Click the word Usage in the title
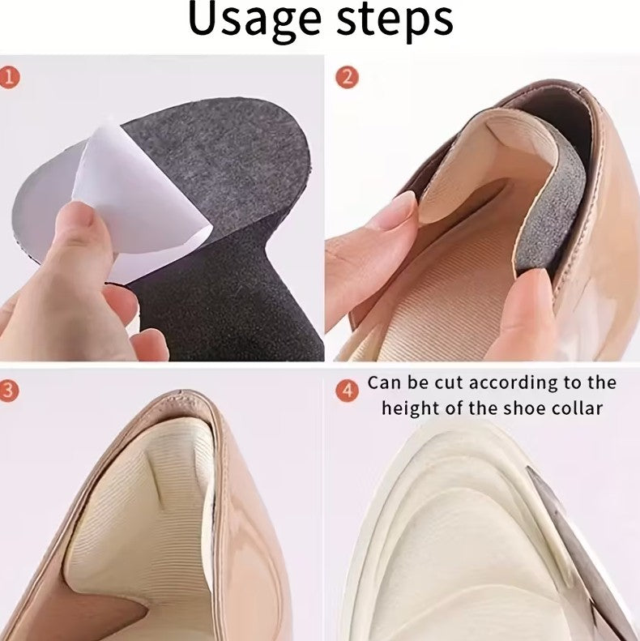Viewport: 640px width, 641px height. pyautogui.click(x=254, y=20)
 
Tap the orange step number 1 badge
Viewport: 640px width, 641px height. pyautogui.click(x=10, y=77)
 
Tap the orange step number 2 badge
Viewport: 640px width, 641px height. pyautogui.click(x=347, y=77)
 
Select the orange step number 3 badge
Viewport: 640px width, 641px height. pyautogui.click(x=9, y=391)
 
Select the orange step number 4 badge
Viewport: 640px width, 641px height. pyautogui.click(x=347, y=391)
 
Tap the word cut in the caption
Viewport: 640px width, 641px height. pyautogui.click(x=449, y=383)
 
